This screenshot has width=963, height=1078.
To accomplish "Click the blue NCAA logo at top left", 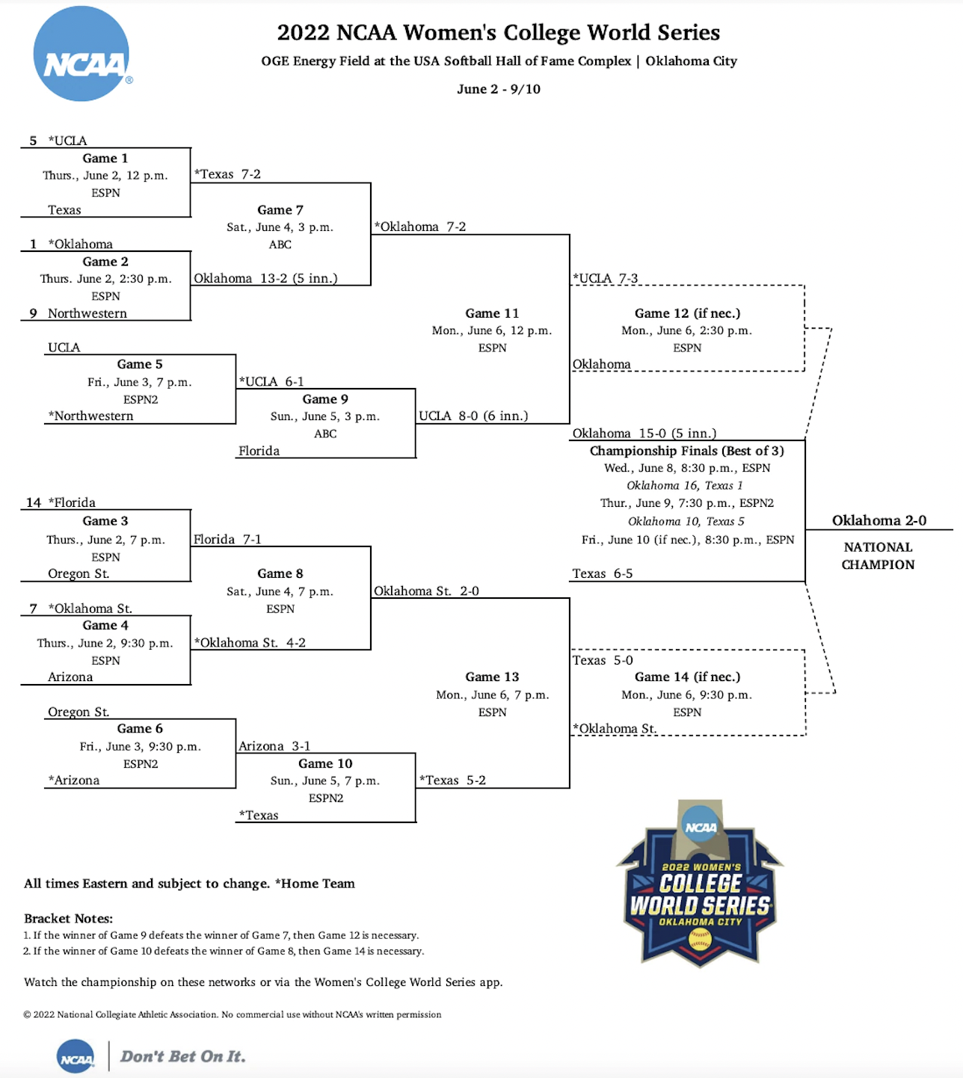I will pos(81,54).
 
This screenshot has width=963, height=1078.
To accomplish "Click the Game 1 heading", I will pos(105,158).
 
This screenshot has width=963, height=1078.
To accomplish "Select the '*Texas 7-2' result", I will pos(228,174).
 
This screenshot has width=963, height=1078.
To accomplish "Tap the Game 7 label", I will pos(280,210).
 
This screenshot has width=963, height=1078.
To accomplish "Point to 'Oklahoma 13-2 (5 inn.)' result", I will pos(265,278).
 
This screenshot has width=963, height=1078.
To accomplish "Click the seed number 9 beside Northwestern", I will pos(33,313).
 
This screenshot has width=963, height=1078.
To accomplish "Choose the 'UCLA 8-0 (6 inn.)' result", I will pos(473,416).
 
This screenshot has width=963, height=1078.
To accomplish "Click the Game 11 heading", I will pos(492,313).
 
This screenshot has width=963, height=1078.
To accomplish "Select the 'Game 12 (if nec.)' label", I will pos(687,313).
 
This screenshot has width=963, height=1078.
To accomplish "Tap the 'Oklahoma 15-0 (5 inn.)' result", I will pos(644,433).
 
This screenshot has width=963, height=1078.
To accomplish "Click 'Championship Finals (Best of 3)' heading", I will pos(686,451).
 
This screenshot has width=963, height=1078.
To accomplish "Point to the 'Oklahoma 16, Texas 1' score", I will pos(685,485).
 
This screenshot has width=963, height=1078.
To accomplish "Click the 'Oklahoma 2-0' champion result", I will pos(879,520).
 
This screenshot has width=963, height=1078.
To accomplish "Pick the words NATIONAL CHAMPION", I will pos(878,555).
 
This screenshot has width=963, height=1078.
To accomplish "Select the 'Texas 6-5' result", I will pos(603,573).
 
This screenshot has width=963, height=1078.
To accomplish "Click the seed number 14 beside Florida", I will pos(34,502).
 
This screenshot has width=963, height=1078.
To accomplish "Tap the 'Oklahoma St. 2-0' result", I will pos(426,591).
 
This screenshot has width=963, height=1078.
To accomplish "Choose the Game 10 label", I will pos(325,763).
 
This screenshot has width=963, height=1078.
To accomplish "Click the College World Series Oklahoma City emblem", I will pos(700,884).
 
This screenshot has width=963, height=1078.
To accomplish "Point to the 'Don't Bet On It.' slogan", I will pos(182,1056).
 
